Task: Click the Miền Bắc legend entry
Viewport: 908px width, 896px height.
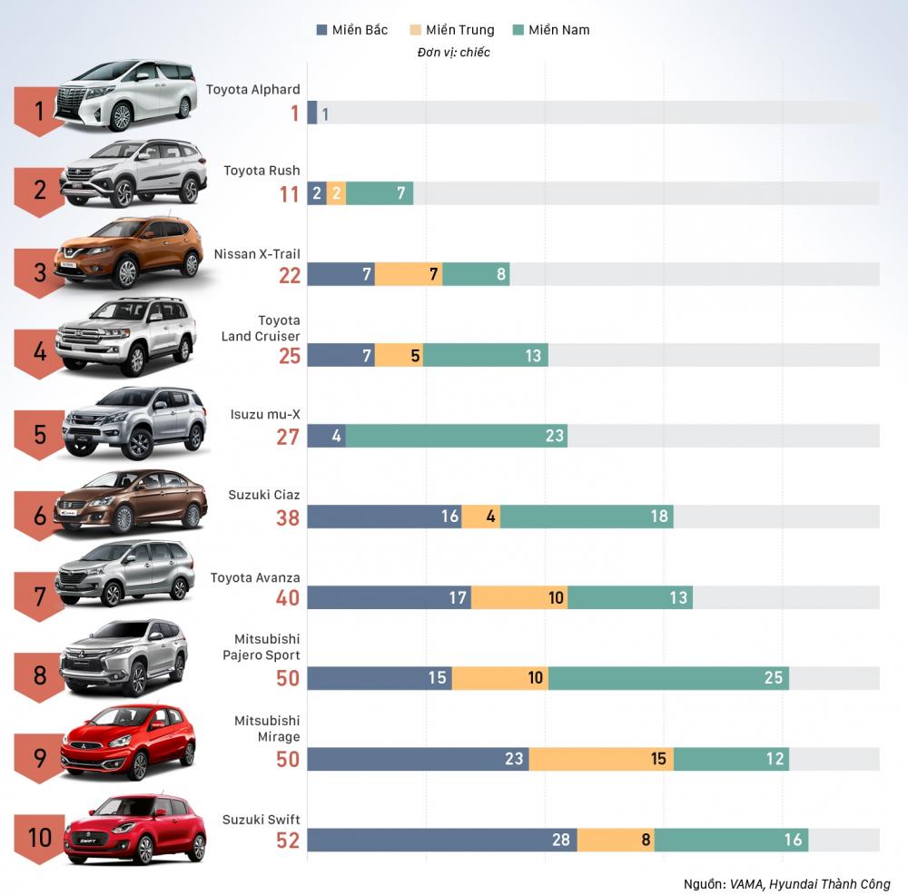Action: click(x=351, y=30)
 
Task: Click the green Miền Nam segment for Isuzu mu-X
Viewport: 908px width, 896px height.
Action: click(x=456, y=436)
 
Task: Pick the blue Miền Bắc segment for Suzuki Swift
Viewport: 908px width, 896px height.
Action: click(x=441, y=840)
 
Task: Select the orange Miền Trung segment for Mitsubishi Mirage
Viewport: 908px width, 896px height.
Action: click(x=601, y=759)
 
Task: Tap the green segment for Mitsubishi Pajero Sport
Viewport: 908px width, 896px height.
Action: click(x=668, y=678)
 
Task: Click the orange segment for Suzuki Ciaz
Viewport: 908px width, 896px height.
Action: click(x=480, y=517)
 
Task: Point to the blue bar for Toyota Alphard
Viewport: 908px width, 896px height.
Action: click(x=311, y=113)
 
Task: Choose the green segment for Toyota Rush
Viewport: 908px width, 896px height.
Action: click(x=379, y=193)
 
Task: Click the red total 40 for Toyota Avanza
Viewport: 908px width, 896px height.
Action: click(x=288, y=598)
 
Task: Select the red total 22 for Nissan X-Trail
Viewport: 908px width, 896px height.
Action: click(x=289, y=275)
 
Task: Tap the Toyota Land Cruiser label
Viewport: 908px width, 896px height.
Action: click(x=261, y=329)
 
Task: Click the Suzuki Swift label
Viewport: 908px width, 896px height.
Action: click(x=261, y=820)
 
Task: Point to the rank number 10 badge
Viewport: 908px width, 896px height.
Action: click(x=40, y=836)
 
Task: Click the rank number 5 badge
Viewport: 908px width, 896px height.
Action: click(x=40, y=433)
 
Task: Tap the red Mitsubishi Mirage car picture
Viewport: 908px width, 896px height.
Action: click(x=128, y=742)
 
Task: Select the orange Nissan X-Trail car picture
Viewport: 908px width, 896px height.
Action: click(x=128, y=252)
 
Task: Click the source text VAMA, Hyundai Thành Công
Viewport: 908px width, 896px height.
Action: click(x=787, y=883)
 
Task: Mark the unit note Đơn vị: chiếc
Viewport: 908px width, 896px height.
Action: click(x=454, y=53)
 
